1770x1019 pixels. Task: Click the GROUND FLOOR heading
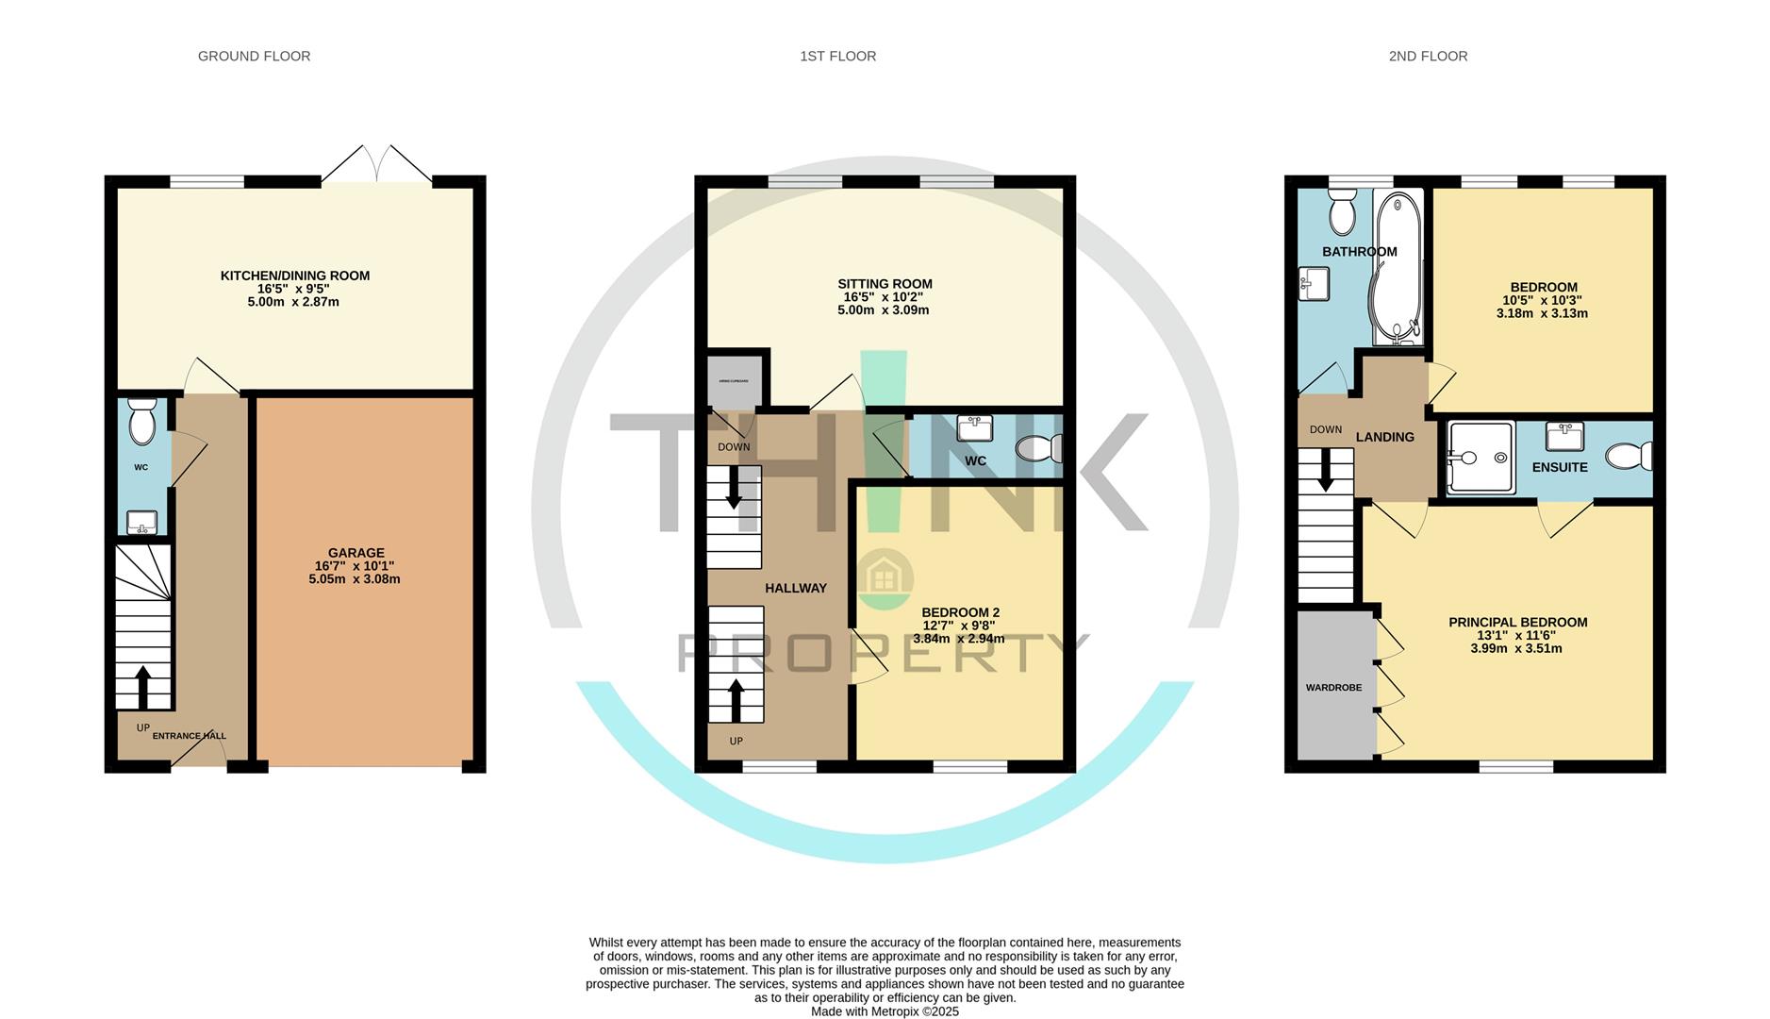[x=254, y=57]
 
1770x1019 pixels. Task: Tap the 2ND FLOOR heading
[x=1428, y=57]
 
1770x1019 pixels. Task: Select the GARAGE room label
[x=356, y=553]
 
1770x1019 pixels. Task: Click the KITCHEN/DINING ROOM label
[x=294, y=276]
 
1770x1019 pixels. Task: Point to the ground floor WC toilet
[x=141, y=421]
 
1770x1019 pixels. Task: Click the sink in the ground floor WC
[x=141, y=522]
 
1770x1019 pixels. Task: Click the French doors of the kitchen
[x=377, y=166]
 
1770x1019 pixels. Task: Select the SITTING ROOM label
[x=885, y=284]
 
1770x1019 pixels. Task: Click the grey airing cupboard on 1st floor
[x=735, y=381]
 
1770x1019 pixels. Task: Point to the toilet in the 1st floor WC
[x=1041, y=447]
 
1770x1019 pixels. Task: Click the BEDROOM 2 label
[x=960, y=612]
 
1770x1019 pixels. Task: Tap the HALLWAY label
[x=795, y=588]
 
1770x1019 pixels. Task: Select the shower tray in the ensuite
[x=1481, y=458]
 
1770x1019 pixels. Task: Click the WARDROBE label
[x=1333, y=688]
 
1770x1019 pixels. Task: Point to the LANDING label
[x=1384, y=437]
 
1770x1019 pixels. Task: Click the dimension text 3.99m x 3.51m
[x=1516, y=648]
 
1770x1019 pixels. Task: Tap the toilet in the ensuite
[x=1629, y=458]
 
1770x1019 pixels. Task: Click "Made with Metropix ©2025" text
[x=885, y=1011]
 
